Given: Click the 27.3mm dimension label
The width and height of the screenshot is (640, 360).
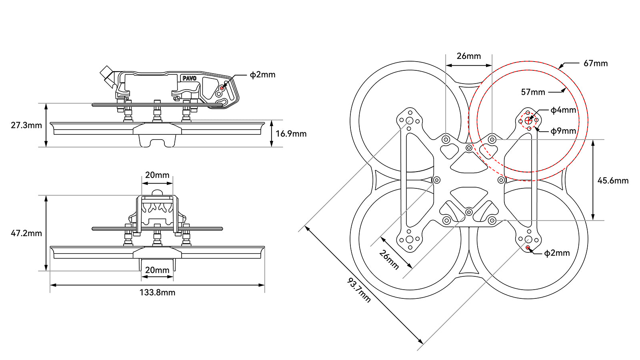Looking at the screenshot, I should pos(26,125).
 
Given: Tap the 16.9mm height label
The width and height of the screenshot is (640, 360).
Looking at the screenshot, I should pos(291,134).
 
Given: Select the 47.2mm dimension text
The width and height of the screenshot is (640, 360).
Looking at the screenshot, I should pos(26,233).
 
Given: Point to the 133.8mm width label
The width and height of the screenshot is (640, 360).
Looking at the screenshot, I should pos(157,292).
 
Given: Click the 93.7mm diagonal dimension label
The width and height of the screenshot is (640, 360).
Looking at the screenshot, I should pos(359,290).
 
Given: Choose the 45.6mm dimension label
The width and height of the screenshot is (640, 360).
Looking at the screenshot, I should pos(613,180).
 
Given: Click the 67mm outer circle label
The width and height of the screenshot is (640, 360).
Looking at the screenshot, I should pos(596,63).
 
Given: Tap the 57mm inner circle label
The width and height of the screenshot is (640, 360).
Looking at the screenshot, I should pos(533,92).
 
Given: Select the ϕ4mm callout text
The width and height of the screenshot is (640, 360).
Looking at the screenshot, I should pos(563,110).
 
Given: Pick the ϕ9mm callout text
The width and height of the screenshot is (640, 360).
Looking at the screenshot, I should pos(563,131).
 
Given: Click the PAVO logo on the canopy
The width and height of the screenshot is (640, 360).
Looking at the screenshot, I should pos(189,78).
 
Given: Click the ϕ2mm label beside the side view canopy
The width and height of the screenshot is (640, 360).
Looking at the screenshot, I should pos(262,74).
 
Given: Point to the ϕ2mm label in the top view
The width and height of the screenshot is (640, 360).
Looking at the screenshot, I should pos(557,253).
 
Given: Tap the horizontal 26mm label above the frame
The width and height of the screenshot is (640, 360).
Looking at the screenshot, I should pos(469,56).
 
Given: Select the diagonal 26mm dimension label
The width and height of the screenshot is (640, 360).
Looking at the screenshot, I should pos(389,260).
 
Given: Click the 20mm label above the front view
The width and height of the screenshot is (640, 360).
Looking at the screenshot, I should pos(157,175).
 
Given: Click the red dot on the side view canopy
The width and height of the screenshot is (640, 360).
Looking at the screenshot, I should pos(222,88).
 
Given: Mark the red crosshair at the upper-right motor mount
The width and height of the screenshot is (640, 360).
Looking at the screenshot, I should pos(528,120).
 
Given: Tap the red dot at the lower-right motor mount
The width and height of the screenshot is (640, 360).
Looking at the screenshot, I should pos(528,248).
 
